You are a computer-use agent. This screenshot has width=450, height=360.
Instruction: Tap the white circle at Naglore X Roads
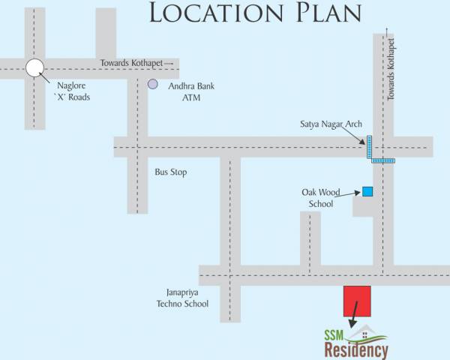[x=34, y=68]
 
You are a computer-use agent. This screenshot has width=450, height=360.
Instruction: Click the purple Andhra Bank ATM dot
[x=152, y=85]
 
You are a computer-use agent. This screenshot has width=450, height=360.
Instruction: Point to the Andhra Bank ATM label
[x=191, y=91]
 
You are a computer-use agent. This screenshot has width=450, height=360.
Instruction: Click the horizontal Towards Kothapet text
[x=133, y=62]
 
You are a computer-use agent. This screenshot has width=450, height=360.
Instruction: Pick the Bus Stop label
[x=170, y=172]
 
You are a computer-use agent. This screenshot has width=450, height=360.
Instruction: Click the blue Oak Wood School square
[x=367, y=191]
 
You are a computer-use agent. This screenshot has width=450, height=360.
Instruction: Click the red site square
[x=357, y=300]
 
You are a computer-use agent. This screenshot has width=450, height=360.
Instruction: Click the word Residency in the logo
[x=357, y=350]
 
